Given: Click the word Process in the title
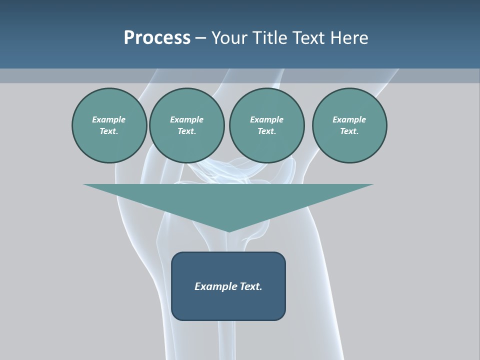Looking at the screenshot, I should coord(157,38).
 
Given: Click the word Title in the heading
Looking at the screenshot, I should coord(268,38).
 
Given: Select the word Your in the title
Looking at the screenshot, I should coord(229,38).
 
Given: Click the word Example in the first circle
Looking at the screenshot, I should coord(109,119).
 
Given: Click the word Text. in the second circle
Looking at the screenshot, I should coord(186,131).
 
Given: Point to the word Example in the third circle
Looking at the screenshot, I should coord(266,119).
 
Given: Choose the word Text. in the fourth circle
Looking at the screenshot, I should coord(349,131).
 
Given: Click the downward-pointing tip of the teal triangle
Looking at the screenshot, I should coord(228,230).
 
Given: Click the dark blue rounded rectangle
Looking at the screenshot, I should coord(228,305).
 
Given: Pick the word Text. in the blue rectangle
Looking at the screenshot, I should coord(250,286).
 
